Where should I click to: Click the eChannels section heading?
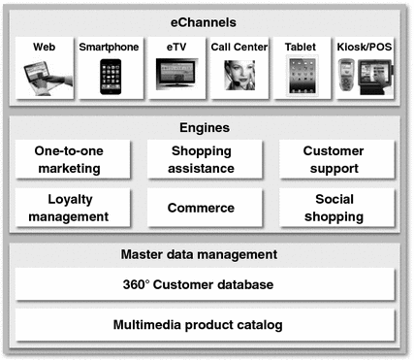click(206, 20)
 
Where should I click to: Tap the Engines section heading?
click(206, 127)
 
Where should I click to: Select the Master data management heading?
click(206, 255)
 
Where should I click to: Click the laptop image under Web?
click(45, 77)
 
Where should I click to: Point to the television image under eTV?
click(175, 74)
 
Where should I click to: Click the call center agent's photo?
click(239, 76)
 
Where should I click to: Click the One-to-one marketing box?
click(73, 159)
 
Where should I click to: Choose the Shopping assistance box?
click(203, 159)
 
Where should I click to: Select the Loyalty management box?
click(73, 207)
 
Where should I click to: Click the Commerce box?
click(203, 207)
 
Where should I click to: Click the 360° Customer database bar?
click(206, 284)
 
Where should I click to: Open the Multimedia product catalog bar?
click(206, 324)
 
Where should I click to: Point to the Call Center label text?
click(239, 47)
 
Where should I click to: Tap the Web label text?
click(45, 47)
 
